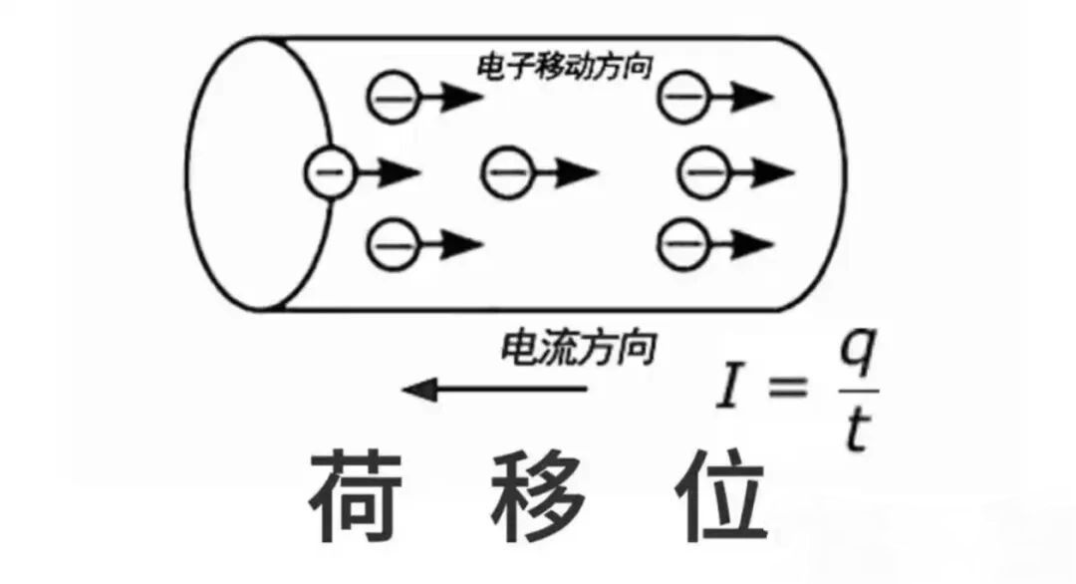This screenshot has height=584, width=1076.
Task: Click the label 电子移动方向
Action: [x=565, y=67]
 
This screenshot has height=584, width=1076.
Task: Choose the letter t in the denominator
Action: [x=855, y=432]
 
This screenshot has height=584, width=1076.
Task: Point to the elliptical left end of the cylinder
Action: [x=261, y=173]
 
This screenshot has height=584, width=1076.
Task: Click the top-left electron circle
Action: [x=392, y=97]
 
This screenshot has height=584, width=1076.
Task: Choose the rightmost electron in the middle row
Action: [x=703, y=173]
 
